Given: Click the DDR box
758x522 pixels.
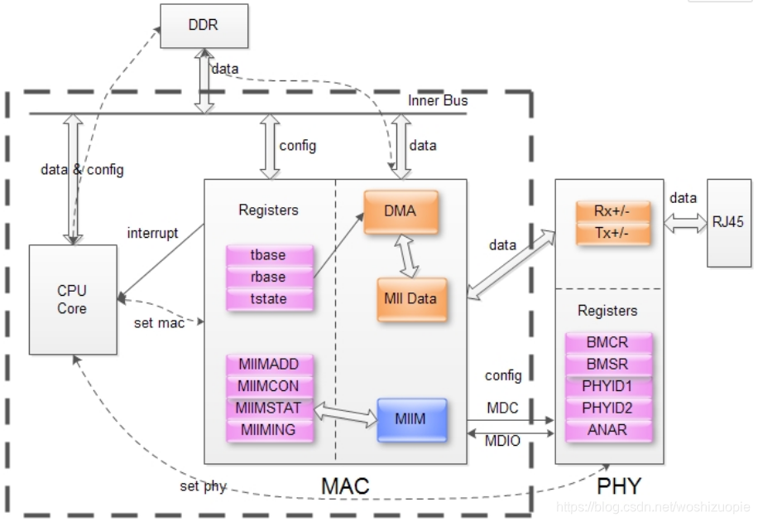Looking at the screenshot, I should [x=203, y=25].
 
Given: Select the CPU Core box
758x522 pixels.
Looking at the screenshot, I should [x=72, y=300].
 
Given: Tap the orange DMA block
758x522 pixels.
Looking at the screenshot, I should [x=400, y=211].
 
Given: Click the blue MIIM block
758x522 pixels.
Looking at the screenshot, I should [x=411, y=419].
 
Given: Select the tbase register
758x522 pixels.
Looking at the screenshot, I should [x=267, y=255].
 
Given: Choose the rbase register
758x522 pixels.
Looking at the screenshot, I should [x=267, y=277].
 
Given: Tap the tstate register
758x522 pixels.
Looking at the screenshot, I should [x=267, y=298].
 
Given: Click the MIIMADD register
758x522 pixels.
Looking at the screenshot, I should [x=261, y=365].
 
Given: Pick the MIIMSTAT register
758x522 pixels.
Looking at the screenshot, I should [x=261, y=408].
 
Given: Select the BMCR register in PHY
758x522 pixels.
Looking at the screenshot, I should [x=608, y=343].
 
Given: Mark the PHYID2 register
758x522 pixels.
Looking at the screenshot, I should [x=608, y=408].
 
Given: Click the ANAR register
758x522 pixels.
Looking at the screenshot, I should [x=608, y=430].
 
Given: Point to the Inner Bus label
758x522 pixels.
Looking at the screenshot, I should [x=438, y=100].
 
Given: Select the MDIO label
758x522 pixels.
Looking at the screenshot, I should [x=502, y=441].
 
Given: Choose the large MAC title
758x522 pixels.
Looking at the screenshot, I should [x=345, y=486].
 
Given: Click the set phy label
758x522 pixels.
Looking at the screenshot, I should [x=204, y=486].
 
